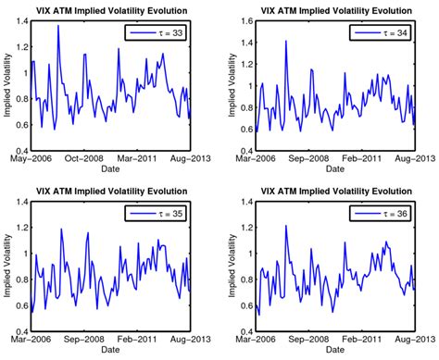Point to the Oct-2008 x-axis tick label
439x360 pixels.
(83, 158)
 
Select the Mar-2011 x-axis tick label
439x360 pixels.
(136, 158)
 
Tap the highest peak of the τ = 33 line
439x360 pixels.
(58, 25)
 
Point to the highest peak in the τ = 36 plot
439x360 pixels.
(285, 226)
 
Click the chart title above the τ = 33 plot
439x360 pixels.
(114, 9)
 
